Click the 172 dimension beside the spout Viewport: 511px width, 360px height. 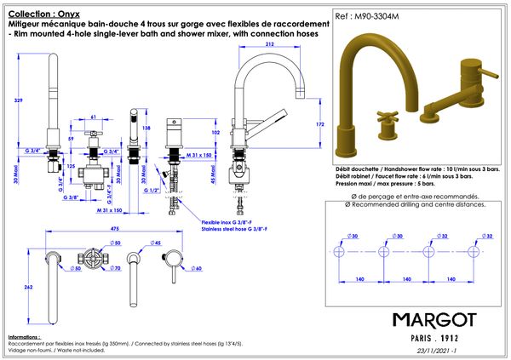[320, 124]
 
